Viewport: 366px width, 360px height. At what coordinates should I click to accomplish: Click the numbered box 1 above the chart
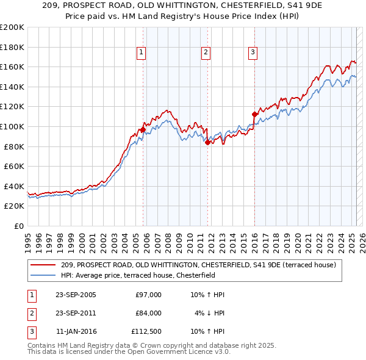pyautogui.click(x=141, y=53)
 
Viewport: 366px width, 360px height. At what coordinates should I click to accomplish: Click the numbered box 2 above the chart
pyautogui.click(x=206, y=53)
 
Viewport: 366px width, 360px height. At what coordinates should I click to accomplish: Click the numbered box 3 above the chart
pyautogui.click(x=253, y=53)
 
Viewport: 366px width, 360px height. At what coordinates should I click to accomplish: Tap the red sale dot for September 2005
pyautogui.click(x=143, y=130)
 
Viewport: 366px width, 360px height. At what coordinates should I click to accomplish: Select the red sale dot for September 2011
pyautogui.click(x=207, y=143)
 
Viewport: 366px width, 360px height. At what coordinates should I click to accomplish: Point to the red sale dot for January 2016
pyautogui.click(x=254, y=114)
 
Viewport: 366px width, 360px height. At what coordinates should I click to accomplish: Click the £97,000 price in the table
pyautogui.click(x=148, y=295)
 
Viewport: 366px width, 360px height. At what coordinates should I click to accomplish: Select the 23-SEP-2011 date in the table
pyautogui.click(x=76, y=313)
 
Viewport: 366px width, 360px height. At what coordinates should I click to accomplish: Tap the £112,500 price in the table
pyautogui.click(x=146, y=332)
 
